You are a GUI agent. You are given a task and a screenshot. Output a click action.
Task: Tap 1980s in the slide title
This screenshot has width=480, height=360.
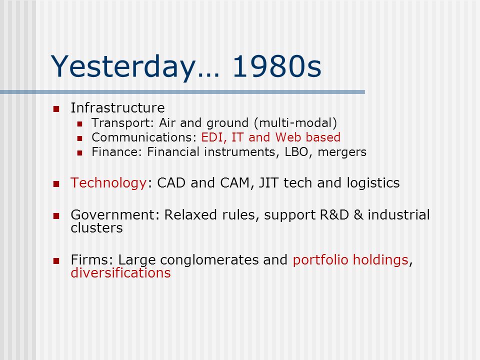(276, 66)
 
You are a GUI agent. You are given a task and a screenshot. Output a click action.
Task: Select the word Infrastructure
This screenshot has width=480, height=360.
(117, 108)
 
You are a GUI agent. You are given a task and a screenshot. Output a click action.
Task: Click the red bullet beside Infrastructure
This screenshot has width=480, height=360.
(56, 108)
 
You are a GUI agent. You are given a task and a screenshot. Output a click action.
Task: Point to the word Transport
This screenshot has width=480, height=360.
(121, 123)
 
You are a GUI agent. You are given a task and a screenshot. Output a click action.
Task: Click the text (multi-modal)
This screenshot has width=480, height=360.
(295, 123)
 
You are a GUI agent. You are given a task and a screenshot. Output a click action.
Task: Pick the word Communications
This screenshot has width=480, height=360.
(142, 137)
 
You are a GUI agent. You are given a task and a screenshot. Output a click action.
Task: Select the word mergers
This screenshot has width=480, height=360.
(342, 152)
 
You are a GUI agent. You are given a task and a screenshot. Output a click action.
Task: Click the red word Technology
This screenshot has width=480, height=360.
(108, 183)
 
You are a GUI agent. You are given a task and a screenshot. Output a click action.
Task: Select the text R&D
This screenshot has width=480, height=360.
(334, 215)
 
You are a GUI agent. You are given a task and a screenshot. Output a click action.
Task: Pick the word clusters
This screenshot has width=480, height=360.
(96, 228)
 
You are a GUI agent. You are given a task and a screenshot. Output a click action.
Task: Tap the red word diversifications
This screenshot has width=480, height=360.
(120, 273)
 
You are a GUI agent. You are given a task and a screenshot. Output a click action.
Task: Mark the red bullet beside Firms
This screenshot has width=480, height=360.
(56, 261)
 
